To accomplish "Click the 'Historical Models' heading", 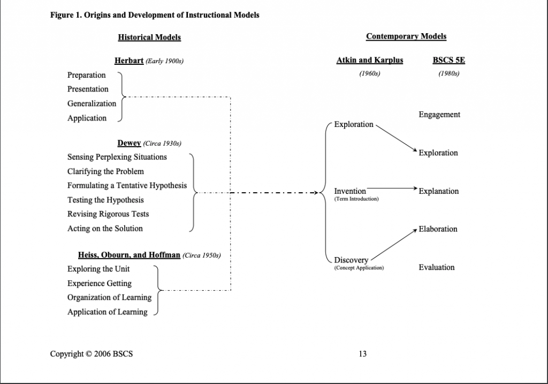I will coord(149,37).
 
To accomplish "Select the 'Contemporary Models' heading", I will coord(406,36).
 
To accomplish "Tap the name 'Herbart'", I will coord(129,61).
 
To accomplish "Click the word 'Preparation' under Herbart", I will coord(87,75).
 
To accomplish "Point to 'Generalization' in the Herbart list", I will coord(92,103).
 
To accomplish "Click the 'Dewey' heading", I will coord(129,143).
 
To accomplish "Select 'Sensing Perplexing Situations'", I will coord(117,157).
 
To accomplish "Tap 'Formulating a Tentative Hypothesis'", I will coord(127,185).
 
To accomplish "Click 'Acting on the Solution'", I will coord(105,228).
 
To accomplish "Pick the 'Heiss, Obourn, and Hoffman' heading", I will coord(129,255).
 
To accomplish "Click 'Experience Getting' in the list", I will coord(99,283).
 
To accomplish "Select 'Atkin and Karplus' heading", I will coord(370,61).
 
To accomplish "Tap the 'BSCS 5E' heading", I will coord(448,61).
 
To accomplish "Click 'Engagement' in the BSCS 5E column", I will coord(439,115).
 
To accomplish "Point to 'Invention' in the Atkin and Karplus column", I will coord(350,191).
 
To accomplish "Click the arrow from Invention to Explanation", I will coord(391,189).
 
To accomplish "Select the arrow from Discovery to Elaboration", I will coord(393,244).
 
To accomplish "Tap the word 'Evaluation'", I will coord(437,267).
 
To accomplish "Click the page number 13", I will coord(363,353).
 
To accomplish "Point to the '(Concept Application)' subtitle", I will coord(359,268).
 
